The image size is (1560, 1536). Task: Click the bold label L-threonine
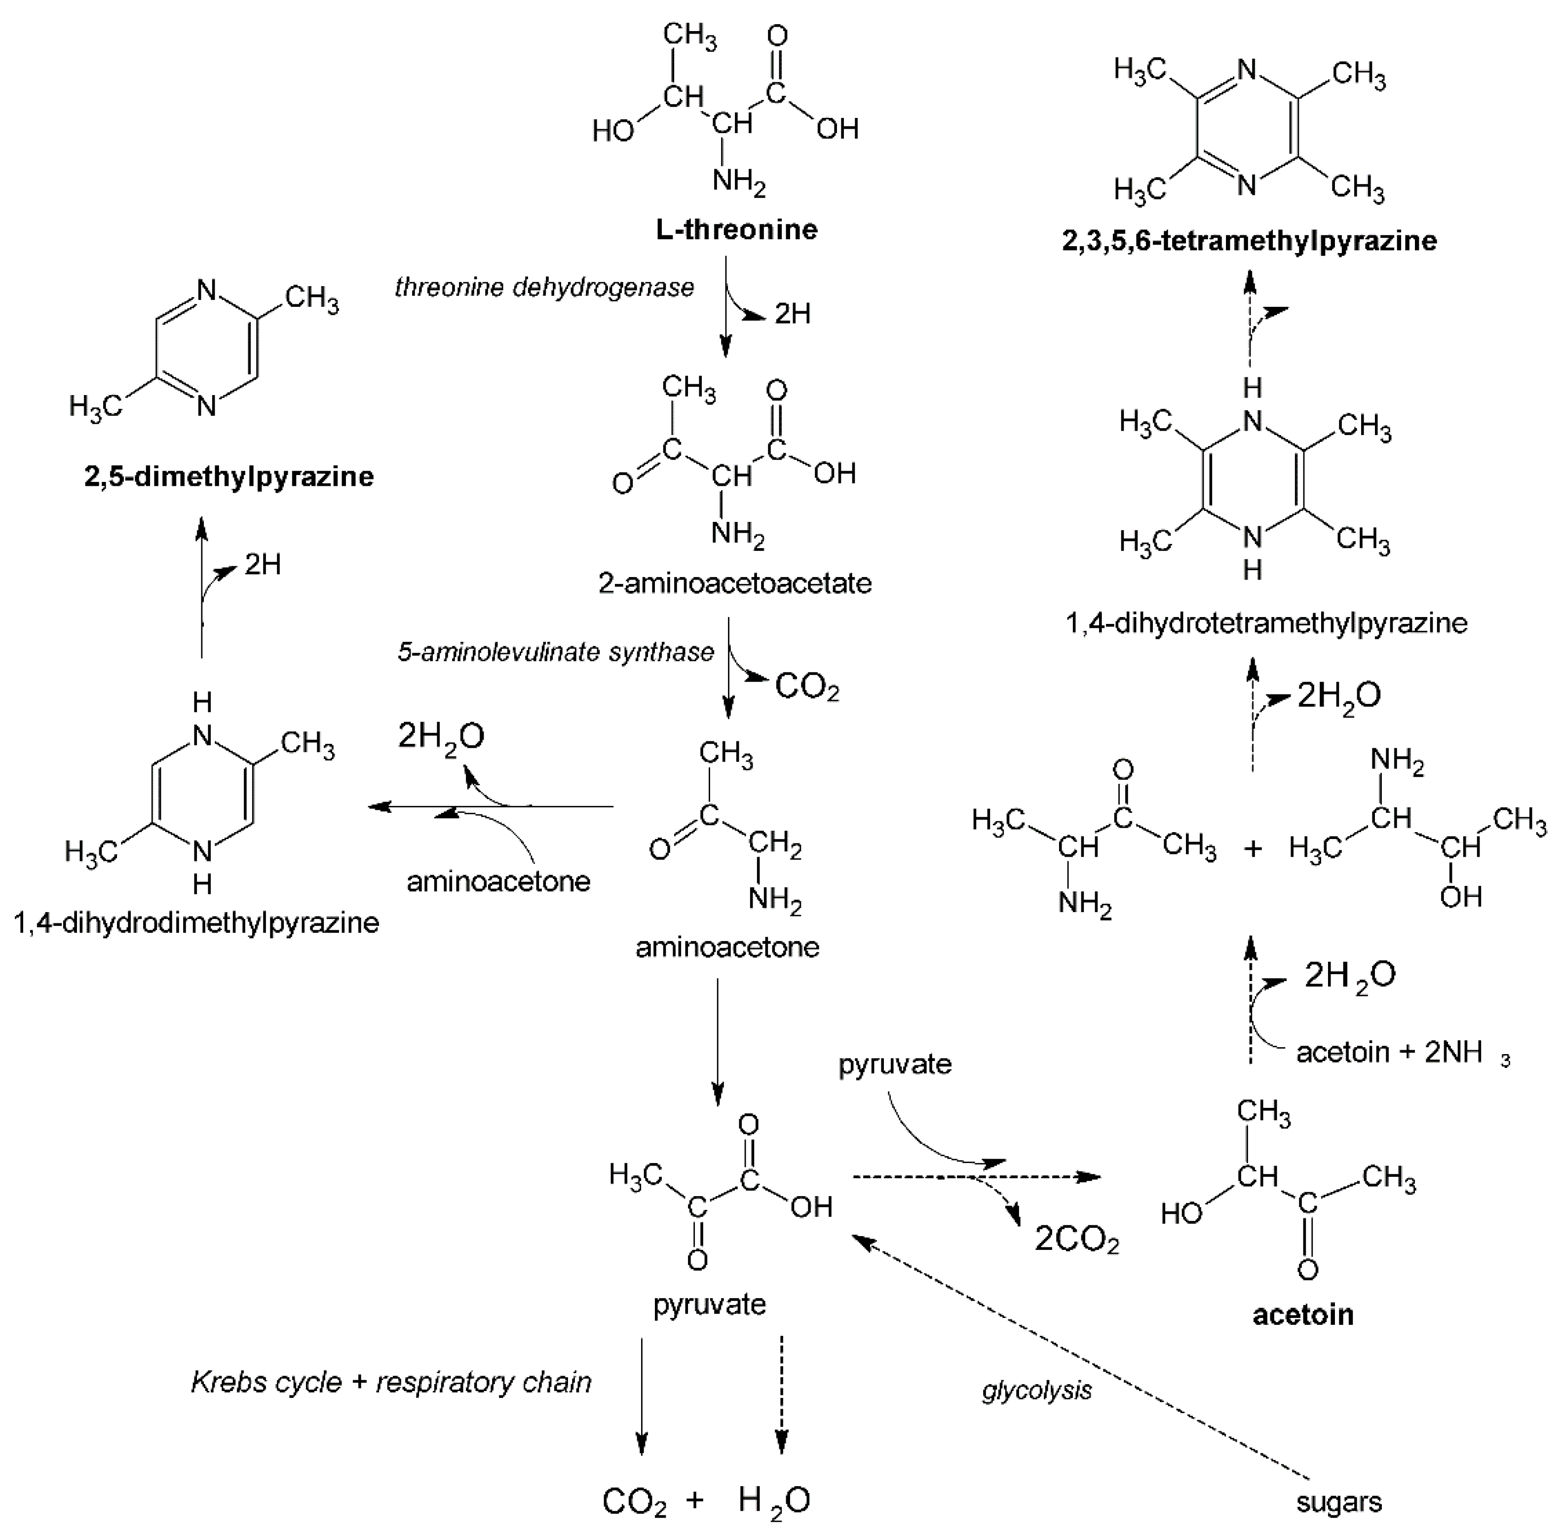tap(735, 230)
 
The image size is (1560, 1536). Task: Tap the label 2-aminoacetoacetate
tap(734, 583)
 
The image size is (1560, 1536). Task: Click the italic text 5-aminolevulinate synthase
tap(555, 652)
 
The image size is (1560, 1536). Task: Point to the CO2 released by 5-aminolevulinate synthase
tap(806, 687)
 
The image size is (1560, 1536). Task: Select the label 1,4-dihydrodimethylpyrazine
tap(196, 922)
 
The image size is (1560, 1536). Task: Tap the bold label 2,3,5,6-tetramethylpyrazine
tap(1249, 240)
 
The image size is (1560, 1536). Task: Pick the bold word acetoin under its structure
tap(1302, 1315)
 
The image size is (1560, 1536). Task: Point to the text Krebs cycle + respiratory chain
tap(390, 1382)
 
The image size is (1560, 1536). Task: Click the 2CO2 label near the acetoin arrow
tap(1076, 1240)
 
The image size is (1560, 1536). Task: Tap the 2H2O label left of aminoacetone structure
tap(441, 736)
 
